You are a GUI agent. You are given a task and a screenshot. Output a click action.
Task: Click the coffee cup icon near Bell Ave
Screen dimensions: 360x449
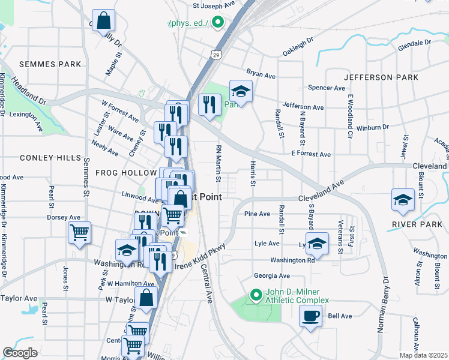click(310, 316)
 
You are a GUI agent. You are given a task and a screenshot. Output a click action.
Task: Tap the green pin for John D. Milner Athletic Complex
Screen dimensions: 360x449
click(256, 295)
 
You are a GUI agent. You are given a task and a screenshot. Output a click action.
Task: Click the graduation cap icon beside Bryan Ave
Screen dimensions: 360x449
click(241, 91)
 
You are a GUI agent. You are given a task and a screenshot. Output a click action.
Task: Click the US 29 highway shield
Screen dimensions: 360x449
click(215, 55)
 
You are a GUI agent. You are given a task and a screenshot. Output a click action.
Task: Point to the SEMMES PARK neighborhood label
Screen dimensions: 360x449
click(41, 64)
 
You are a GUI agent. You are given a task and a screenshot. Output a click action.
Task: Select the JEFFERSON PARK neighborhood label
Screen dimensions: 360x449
click(381, 77)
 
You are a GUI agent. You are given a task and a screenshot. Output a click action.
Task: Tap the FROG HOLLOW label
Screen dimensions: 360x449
click(125, 172)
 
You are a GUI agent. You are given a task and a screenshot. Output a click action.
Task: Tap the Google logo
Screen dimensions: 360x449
click(20, 352)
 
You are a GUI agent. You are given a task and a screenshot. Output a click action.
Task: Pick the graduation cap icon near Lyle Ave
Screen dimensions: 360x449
click(316, 243)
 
